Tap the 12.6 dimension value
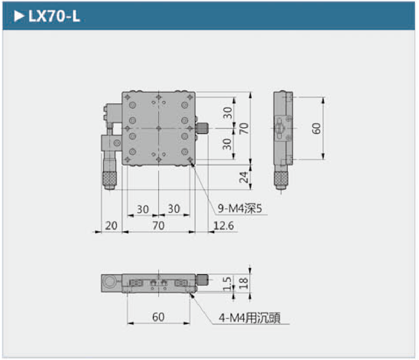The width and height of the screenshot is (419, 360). pyautogui.click(x=224, y=225)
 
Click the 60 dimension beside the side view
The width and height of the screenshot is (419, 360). pyautogui.click(x=316, y=128)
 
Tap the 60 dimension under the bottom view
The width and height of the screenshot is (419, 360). pyautogui.click(x=158, y=317)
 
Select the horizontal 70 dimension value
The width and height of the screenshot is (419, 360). pyautogui.click(x=158, y=225)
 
